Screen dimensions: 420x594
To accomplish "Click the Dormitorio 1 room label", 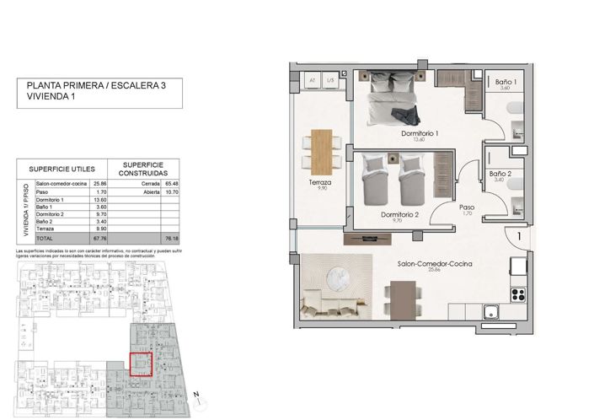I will pos(419,133).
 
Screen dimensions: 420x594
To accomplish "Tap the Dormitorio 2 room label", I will pos(399,214).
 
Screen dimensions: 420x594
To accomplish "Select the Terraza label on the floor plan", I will pos(319,182).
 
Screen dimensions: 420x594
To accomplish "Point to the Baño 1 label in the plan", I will pos(505,82).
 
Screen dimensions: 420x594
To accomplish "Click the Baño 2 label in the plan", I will pos(500,174).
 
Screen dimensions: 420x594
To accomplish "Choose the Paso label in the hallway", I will pos(466,207).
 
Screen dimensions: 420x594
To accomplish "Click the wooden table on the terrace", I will pos(321,150).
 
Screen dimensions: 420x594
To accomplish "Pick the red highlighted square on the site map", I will pos(140,363).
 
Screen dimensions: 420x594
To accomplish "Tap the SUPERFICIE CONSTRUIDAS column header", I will pos(142,169).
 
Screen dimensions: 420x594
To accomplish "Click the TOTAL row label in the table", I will pos(44,239).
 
